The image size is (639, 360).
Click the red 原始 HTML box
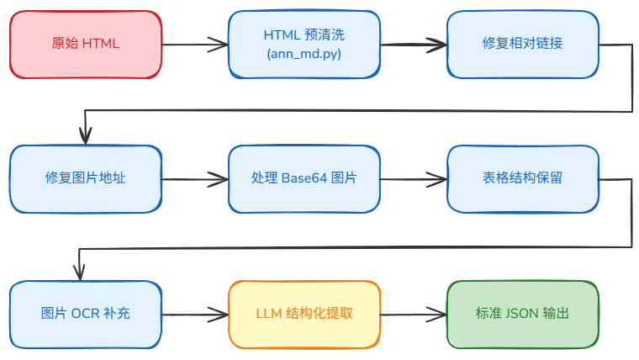point(86,45)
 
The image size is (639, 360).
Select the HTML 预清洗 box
point(304,45)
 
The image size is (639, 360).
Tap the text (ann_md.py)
point(304,54)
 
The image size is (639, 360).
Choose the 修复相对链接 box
point(523,45)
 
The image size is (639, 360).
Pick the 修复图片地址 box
point(86,179)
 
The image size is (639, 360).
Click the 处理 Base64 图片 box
point(304,179)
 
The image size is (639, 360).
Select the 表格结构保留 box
point(523,179)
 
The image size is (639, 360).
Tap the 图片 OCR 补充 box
point(86,315)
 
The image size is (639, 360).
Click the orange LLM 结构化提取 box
point(304,315)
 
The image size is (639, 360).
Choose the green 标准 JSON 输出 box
point(523,315)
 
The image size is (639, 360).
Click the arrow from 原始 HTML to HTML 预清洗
point(195,45)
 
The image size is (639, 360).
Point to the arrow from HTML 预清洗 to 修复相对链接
point(414,45)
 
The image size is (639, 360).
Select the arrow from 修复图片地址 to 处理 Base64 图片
point(195,179)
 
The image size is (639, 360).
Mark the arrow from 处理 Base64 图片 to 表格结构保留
point(414,179)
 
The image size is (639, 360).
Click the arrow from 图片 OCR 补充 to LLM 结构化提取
point(195,315)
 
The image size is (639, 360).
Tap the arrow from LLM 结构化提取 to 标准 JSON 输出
point(414,315)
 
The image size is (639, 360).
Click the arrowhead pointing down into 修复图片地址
point(86,136)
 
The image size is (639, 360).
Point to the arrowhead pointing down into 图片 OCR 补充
point(80,273)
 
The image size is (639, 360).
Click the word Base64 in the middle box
point(304,178)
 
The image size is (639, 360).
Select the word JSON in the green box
point(521,314)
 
